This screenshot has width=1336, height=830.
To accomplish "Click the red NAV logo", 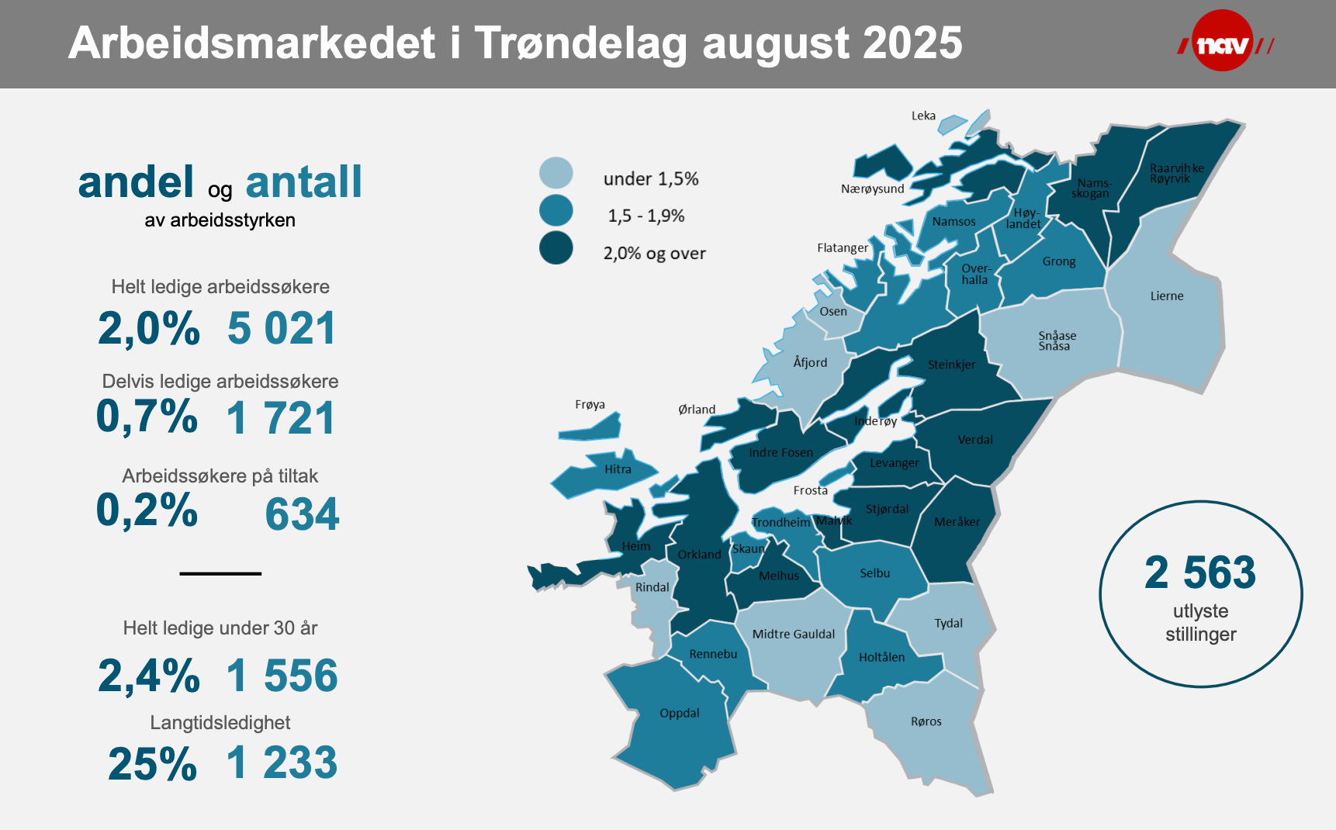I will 1223,42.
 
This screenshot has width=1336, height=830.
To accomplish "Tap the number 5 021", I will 282,328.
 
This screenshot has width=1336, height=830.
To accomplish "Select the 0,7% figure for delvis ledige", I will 147,417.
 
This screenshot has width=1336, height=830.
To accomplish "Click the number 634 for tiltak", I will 302,514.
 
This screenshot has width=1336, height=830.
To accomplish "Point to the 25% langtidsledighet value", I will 153,764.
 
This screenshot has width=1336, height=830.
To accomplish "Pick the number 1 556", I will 282,676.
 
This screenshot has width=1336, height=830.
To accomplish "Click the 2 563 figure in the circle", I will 1199,573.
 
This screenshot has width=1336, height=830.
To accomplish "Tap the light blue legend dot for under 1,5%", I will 556,173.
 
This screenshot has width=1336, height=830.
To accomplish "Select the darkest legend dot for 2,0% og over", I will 556,248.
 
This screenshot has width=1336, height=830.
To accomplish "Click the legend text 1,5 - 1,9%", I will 646,216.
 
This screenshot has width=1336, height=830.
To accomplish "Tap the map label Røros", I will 926,721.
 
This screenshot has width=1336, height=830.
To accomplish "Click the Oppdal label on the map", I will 679,713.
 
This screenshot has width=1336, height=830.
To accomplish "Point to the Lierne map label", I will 1166,296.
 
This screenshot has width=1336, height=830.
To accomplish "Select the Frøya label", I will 590,405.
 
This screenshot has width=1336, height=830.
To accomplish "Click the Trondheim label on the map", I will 780,522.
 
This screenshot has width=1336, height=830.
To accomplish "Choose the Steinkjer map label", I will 951,365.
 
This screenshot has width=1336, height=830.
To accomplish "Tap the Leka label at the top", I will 923,116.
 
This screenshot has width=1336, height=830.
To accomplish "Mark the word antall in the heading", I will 303,182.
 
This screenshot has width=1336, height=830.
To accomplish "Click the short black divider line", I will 220,573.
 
